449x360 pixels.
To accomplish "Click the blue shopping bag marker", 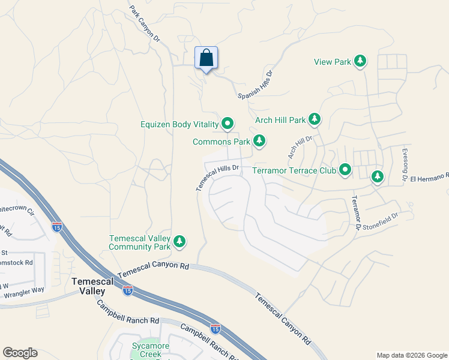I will pos(206,59).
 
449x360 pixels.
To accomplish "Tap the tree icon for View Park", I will pos(360,61).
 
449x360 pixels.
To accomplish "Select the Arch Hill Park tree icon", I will pos(314,119).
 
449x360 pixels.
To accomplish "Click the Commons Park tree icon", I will pos(259,142).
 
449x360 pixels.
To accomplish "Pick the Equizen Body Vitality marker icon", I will pos(228,124).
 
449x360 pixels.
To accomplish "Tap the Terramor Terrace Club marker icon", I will pos(345,170).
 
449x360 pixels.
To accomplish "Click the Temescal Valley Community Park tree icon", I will pos(179,242).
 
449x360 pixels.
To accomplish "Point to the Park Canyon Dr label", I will pos(145,25).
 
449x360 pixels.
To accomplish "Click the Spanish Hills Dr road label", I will pos(256,85).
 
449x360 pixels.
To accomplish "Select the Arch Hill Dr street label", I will pos(300,148).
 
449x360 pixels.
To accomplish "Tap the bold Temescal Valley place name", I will pos(88,286).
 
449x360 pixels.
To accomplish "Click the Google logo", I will pos(20,353).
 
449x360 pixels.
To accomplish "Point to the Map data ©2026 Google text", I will pos(411,355).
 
